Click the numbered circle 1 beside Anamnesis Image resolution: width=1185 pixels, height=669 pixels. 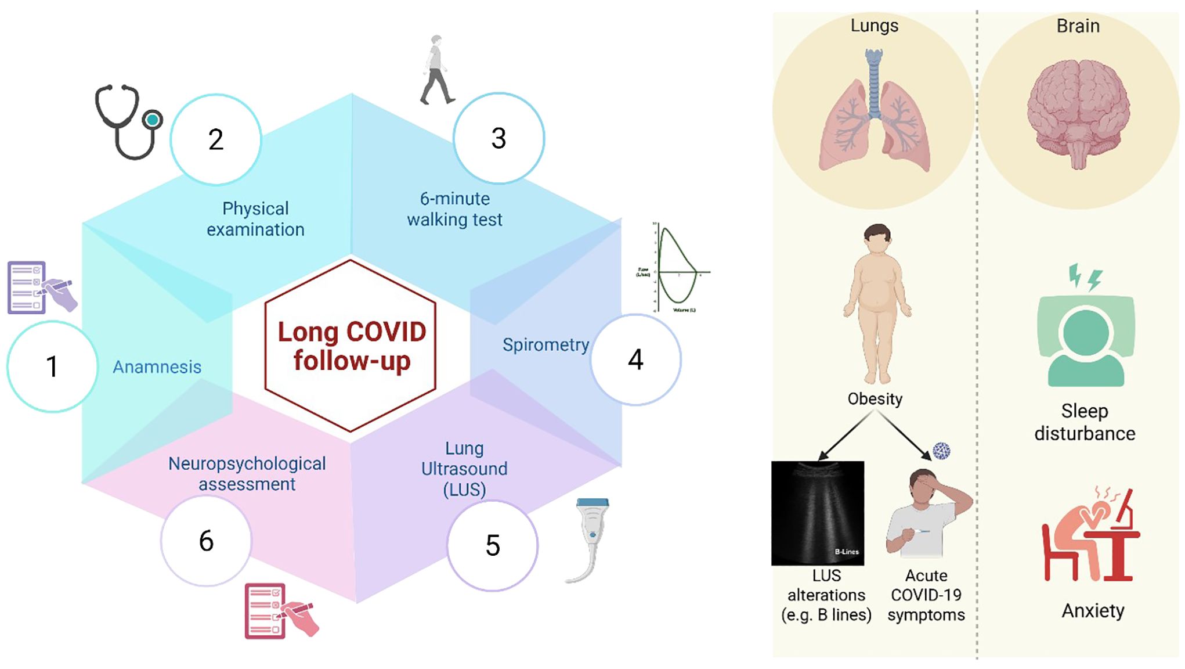coord(52,366)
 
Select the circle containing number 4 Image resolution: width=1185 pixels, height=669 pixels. coord(636,359)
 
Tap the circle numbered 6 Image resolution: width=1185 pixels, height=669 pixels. coord(206,541)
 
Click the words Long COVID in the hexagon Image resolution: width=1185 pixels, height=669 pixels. coord(352,332)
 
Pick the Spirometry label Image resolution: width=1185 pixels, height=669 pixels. coord(545,345)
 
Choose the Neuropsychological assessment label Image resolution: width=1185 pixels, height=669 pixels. coord(247,474)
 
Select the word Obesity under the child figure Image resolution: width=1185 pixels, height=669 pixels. coord(875,399)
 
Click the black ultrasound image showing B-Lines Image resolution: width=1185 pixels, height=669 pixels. coord(818,513)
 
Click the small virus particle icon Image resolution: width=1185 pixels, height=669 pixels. coord(941,451)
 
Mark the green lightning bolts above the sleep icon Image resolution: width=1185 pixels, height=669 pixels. coord(1085,278)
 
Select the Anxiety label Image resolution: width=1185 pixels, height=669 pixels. coord(1093,611)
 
